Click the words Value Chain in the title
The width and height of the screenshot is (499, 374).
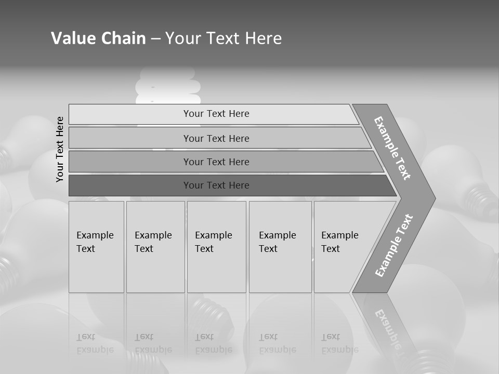pos(98,38)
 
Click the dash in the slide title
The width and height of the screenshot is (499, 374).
pos(155,38)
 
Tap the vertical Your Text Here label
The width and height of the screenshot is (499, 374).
pos(60,149)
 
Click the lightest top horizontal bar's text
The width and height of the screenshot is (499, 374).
pos(216,114)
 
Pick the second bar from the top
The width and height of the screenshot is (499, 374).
pos(216,138)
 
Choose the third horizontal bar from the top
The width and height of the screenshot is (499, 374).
pos(216,162)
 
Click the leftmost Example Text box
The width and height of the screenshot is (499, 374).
pos(96,247)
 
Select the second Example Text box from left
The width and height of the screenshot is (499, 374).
pos(155,247)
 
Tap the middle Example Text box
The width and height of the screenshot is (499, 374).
pos(216,247)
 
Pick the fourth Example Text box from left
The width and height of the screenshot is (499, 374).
pos(280,247)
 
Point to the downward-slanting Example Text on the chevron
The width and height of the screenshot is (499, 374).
pos(392,148)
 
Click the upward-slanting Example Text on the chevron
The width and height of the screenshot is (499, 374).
pos(393,245)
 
